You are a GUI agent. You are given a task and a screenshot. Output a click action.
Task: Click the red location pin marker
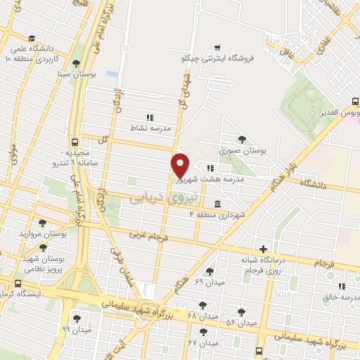tap(181, 165)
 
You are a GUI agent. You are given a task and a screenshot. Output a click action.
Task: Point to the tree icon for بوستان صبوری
tap(243, 139)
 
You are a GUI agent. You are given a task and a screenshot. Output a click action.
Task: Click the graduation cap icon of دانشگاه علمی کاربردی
tap(32, 39)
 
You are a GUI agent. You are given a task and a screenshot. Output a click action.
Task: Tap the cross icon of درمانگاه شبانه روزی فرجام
tap(263, 249)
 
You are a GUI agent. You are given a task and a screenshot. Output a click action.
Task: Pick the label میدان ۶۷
tap(204, 343)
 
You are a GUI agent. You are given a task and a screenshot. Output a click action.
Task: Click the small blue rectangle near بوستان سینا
tap(112, 73)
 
